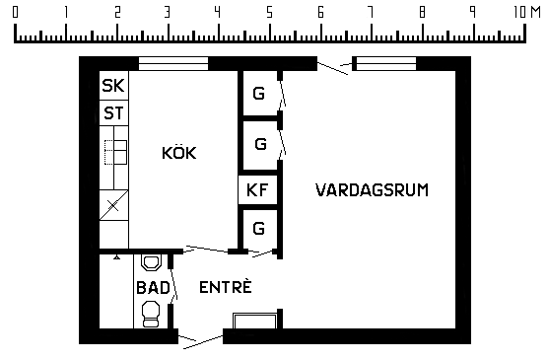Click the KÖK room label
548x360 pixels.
pyautogui.click(x=179, y=153)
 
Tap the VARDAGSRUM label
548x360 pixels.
pyautogui.click(x=372, y=190)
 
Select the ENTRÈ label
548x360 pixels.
pyautogui.click(x=226, y=287)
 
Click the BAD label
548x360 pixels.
pyautogui.click(x=153, y=288)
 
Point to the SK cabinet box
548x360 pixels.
pyautogui.click(x=114, y=86)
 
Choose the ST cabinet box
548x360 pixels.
pyautogui.click(x=114, y=113)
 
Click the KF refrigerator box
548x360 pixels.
pyautogui.click(x=257, y=190)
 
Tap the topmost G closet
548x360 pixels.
pyautogui.click(x=259, y=94)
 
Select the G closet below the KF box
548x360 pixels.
pyautogui.click(x=259, y=229)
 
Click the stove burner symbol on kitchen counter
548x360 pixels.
pyautogui.click(x=115, y=152)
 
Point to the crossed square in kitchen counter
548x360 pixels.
pyautogui.click(x=114, y=205)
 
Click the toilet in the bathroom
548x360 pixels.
pyautogui.click(x=151, y=315)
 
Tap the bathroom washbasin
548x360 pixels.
pyautogui.click(x=151, y=262)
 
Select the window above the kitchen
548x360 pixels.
pyautogui.click(x=173, y=64)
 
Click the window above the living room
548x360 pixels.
pyautogui.click(x=386, y=64)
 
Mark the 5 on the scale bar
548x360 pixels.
pyautogui.click(x=269, y=13)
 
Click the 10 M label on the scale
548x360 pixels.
pyautogui.click(x=527, y=13)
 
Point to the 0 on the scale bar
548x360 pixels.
pyautogui.click(x=15, y=13)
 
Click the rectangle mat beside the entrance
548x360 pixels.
pyautogui.click(x=255, y=322)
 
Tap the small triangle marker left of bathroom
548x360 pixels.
pyautogui.click(x=117, y=257)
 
